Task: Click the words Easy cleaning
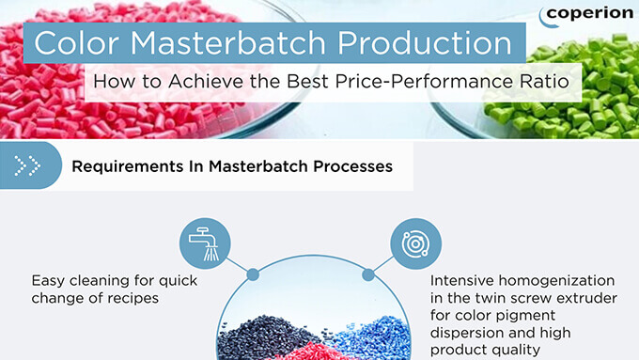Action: (x=81, y=281)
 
